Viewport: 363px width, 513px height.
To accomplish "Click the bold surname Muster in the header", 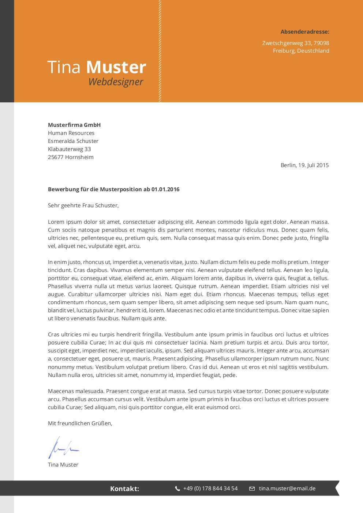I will click(x=116, y=68).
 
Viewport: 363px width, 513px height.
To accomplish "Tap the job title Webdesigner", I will click(x=116, y=82).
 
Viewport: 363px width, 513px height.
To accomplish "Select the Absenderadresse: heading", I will click(x=305, y=32).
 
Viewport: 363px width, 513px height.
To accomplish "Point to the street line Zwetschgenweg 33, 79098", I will click(x=296, y=43).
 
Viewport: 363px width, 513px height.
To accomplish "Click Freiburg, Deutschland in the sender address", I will click(x=301, y=51).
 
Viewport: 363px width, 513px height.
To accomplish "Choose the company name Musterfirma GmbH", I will click(x=74, y=125).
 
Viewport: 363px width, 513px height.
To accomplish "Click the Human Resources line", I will click(x=71, y=133).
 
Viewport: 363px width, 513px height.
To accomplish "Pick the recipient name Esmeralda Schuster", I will click(x=73, y=141).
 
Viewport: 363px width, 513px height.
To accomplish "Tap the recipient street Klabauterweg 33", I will click(x=70, y=149).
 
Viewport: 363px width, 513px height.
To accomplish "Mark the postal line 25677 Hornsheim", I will click(x=71, y=157).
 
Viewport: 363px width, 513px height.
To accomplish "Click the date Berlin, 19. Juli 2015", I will click(x=304, y=165).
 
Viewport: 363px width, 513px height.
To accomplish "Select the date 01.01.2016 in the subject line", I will click(x=165, y=189).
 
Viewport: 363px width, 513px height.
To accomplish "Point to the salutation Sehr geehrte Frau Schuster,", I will click(x=83, y=205).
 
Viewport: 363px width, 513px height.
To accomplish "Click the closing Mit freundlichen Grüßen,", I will click(x=80, y=423).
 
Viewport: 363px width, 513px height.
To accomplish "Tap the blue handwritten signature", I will click(x=63, y=448).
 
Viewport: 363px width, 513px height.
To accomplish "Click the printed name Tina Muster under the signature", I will click(x=63, y=465).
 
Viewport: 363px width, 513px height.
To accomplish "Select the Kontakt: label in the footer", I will click(x=124, y=489).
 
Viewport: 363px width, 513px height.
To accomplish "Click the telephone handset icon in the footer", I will click(x=177, y=489).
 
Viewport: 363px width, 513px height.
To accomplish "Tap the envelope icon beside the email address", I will click(x=252, y=489).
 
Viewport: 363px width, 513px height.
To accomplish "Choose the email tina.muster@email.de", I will click(x=287, y=489).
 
